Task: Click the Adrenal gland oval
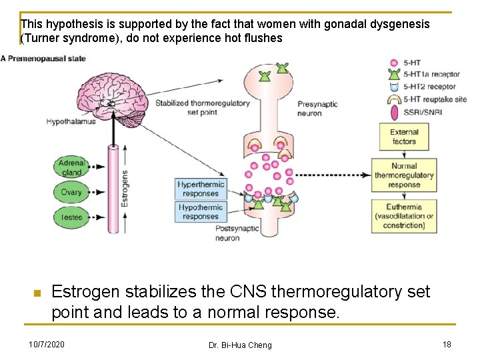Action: (x=71, y=167)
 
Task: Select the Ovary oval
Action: (x=71, y=193)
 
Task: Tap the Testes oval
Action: (x=71, y=217)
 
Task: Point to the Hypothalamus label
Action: (x=71, y=121)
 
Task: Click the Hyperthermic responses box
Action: (x=201, y=189)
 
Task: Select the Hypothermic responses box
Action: (x=201, y=212)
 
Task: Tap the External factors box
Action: (x=404, y=137)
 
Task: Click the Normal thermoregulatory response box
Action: (x=404, y=175)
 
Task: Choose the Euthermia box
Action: (x=404, y=216)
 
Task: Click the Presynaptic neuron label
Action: (x=317, y=109)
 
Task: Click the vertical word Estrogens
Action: (x=124, y=188)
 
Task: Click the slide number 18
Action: (x=447, y=344)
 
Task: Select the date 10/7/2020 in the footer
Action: (x=47, y=344)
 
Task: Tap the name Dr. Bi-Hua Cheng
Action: (x=240, y=345)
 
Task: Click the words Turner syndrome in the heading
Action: (x=61, y=38)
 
